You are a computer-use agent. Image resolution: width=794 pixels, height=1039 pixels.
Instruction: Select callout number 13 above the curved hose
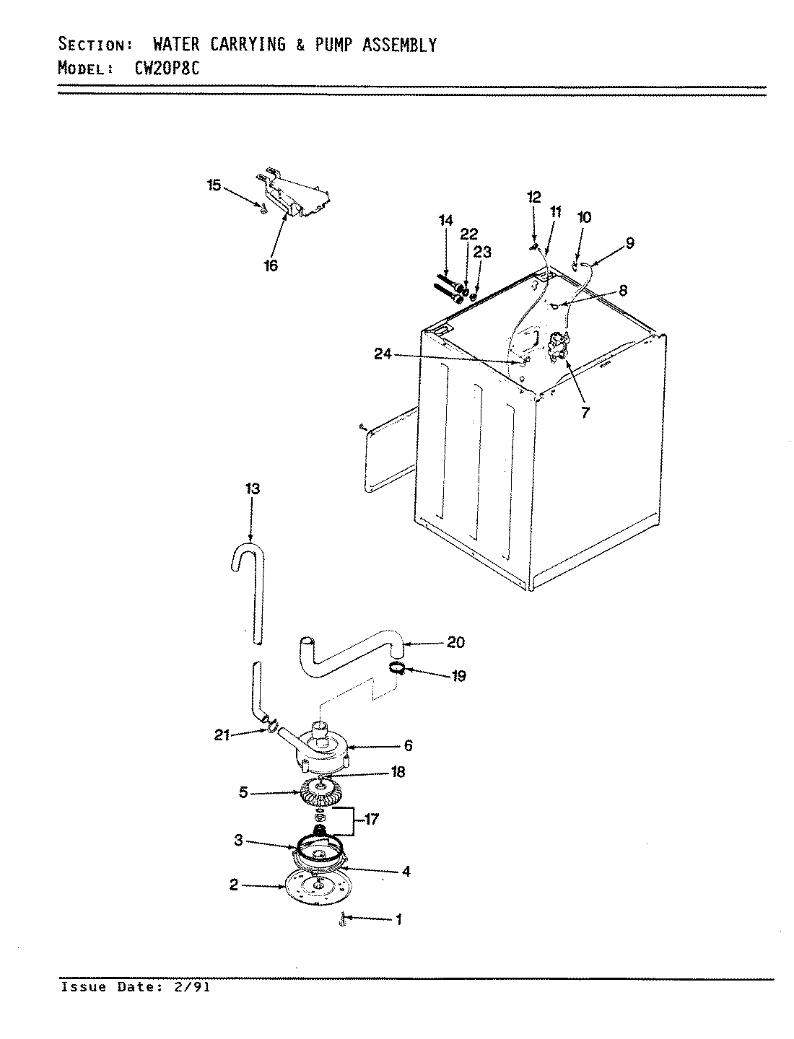click(x=252, y=488)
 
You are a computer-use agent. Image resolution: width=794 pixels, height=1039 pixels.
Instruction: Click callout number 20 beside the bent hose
click(x=456, y=642)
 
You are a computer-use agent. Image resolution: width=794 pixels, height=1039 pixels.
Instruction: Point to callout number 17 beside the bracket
click(x=372, y=820)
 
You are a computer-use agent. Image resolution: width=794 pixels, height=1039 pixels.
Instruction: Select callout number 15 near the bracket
click(x=214, y=185)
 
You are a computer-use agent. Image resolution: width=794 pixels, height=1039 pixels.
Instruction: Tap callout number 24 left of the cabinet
click(x=383, y=354)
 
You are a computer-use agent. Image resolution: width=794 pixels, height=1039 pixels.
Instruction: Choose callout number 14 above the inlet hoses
click(x=446, y=221)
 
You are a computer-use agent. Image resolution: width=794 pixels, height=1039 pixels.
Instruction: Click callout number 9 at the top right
click(x=629, y=243)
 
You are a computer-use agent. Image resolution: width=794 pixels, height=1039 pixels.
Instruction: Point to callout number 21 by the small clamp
click(x=222, y=735)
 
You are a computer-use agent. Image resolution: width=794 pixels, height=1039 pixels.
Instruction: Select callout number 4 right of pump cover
click(x=406, y=871)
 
